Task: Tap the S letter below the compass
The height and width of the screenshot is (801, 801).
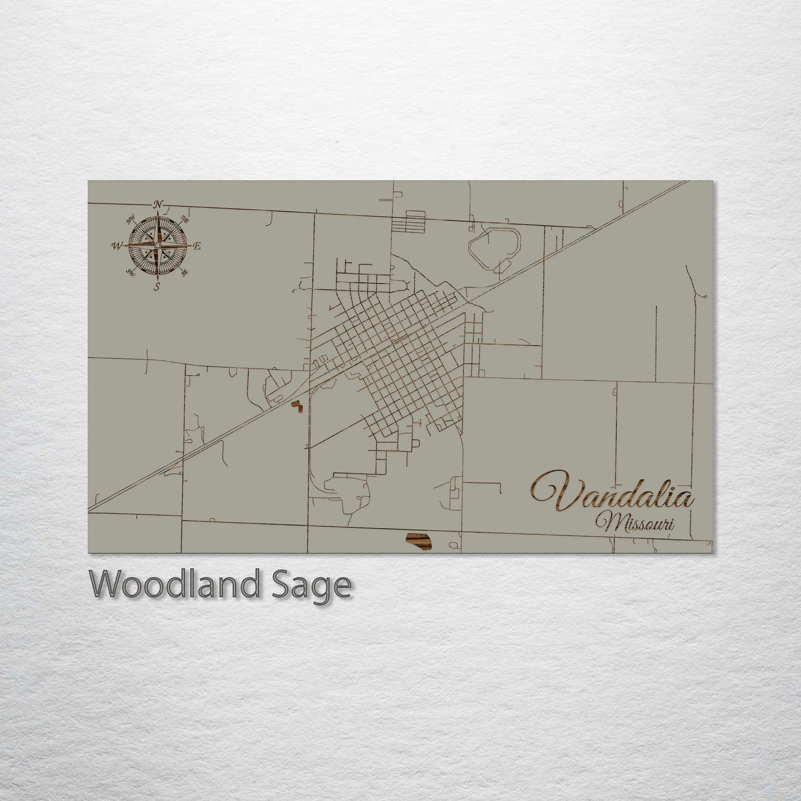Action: pos(157,286)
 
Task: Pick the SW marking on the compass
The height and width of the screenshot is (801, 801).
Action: pos(131,272)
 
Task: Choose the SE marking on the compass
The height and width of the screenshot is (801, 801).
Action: pos(185,271)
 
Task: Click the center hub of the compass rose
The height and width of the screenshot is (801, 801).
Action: pos(158,245)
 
